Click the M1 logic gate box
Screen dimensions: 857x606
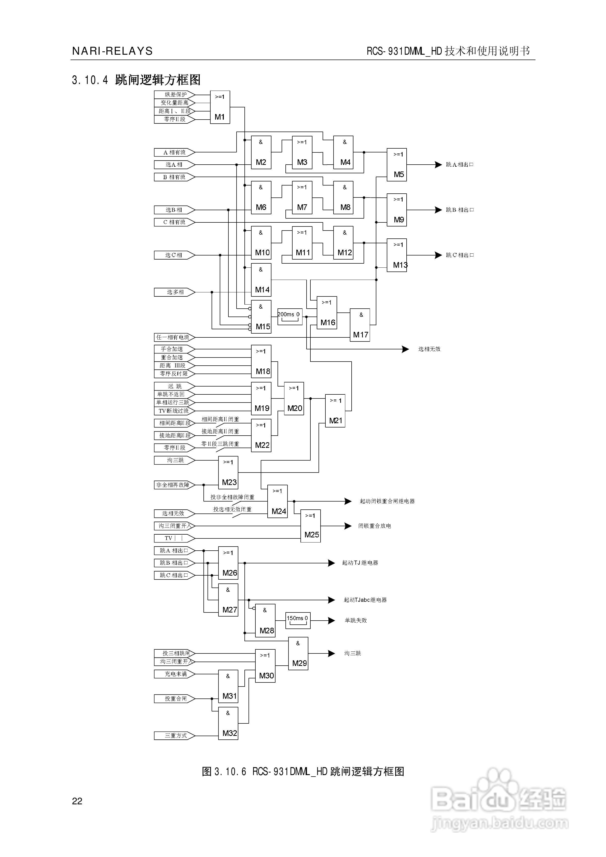pos(220,107)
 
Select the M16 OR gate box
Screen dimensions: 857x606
pos(327,313)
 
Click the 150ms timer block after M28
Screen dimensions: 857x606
pos(298,620)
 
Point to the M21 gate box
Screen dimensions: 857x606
pos(335,411)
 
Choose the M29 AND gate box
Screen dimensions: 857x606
pos(298,653)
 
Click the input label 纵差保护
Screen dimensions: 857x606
pos(174,94)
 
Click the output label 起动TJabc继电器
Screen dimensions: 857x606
pos(365,600)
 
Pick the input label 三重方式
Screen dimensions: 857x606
pos(174,736)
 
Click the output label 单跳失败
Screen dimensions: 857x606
pos(355,620)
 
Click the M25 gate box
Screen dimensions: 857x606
pos(310,526)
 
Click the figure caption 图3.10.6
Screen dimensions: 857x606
pos(303,772)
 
